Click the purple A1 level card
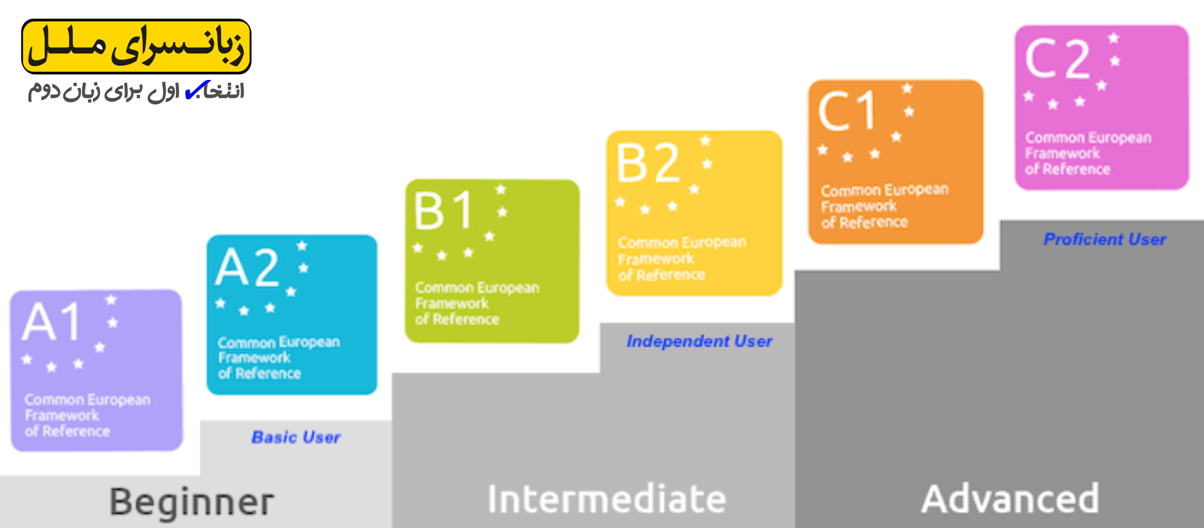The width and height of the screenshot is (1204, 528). pos(97,370)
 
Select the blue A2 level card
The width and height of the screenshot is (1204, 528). pos(292,315)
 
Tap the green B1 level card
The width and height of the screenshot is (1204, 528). pos(492,261)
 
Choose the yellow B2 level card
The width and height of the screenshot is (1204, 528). pos(694,213)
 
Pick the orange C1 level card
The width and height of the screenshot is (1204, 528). pos(896,162)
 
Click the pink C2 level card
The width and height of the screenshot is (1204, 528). pos(1101,108)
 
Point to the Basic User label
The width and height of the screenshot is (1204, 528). pos(296,438)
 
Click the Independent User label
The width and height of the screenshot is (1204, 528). pos(699,342)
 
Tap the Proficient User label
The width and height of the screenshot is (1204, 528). pos(1105,239)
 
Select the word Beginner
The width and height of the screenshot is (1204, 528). pos(191,502)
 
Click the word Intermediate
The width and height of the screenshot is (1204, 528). pos(607,499)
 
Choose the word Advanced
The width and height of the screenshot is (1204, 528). pos(1010,499)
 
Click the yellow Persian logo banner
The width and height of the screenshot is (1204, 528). pos(136,46)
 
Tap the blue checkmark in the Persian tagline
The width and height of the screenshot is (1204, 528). pos(197,90)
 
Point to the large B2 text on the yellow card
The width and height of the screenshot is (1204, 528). pos(648,163)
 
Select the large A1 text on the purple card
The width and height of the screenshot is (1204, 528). pos(52,321)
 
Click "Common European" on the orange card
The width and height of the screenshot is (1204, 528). pos(885,190)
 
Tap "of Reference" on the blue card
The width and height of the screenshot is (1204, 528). pos(259,374)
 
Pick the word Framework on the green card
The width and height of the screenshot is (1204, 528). pos(452,303)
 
